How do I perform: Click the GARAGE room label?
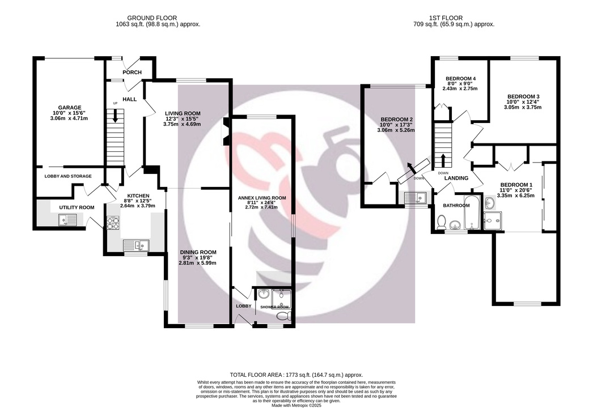pyautogui.click(x=70, y=108)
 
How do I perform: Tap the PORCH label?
pyautogui.click(x=132, y=72)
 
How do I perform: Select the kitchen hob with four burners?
pyautogui.click(x=113, y=223)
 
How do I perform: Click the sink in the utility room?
pyautogui.click(x=67, y=219)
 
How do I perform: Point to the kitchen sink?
pyautogui.click(x=136, y=245)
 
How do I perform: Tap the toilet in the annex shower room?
pyautogui.click(x=283, y=316)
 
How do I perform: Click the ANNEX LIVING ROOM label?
pyautogui.click(x=262, y=198)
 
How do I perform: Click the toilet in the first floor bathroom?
pyautogui.click(x=441, y=222)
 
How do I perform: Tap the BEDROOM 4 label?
pyautogui.click(x=460, y=79)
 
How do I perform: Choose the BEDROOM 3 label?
pyautogui.click(x=523, y=96)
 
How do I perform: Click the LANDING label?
pyautogui.click(x=456, y=178)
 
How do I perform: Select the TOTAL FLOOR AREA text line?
pyautogui.click(x=296, y=375)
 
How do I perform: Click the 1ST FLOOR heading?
pyautogui.click(x=446, y=18)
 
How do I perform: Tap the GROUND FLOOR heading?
pyautogui.click(x=152, y=18)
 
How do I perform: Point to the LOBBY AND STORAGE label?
pyautogui.click(x=68, y=176)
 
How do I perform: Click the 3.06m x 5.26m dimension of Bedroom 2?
pyautogui.click(x=396, y=130)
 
